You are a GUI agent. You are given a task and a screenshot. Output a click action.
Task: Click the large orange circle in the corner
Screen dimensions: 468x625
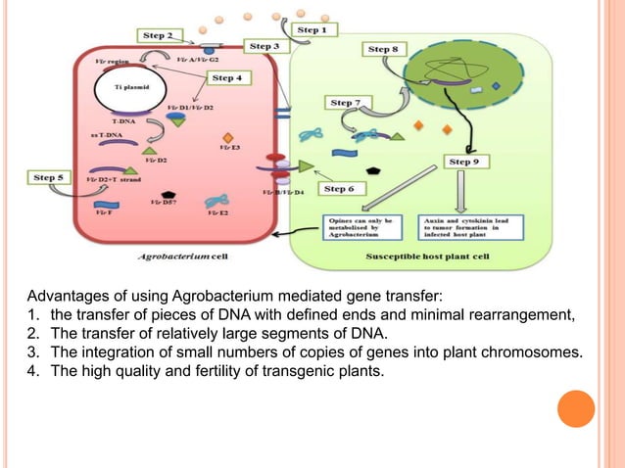point(576,408)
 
